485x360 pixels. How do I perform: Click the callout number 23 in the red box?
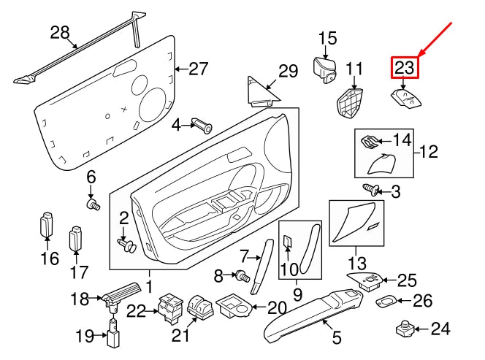point(405,69)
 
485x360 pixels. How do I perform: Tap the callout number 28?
point(60,32)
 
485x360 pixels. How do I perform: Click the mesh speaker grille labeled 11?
point(352,103)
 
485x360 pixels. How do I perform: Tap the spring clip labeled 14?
point(371,141)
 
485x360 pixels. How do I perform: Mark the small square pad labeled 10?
point(287,242)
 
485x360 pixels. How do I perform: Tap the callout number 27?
point(199,69)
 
